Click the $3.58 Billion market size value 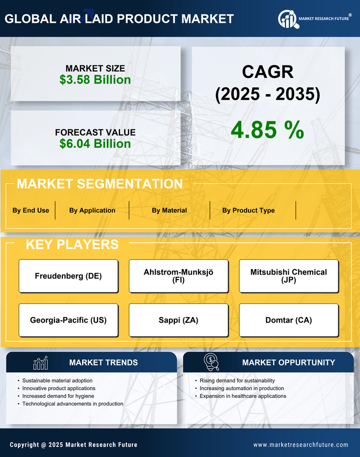tap(95, 80)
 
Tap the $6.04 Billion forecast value tap(95, 144)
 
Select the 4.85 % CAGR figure tap(267, 130)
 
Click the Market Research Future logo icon tap(287, 19)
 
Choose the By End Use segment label tap(31, 210)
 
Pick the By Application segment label tap(92, 210)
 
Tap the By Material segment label tap(169, 210)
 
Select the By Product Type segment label tap(248, 210)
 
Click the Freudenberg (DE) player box tap(68, 276)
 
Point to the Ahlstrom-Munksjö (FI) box tap(179, 276)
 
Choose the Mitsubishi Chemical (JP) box tap(289, 276)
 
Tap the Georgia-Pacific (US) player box tap(68, 320)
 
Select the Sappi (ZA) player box tap(179, 320)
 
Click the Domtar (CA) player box tap(289, 320)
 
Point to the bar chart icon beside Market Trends tap(41, 363)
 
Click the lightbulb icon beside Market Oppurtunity tap(211, 362)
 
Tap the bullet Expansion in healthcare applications tap(243, 396)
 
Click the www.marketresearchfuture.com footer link tap(301, 445)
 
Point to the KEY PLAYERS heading tap(72, 244)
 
